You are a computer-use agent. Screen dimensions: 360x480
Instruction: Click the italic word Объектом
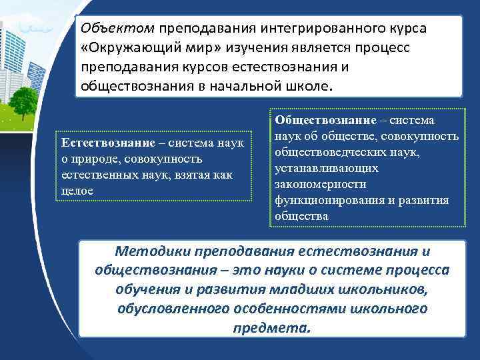pyautogui.click(x=117, y=29)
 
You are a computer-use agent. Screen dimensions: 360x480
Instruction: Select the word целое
pyautogui.click(x=77, y=191)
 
